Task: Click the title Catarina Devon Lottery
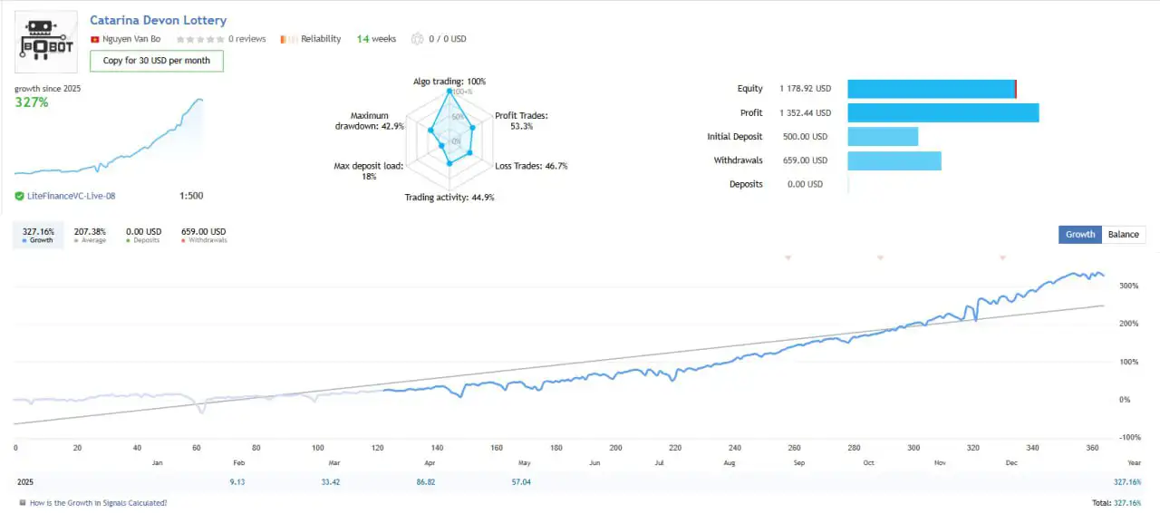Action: pos(159,20)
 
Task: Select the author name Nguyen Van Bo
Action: pos(131,39)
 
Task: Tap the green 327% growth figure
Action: pos(32,102)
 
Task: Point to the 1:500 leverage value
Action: pos(191,196)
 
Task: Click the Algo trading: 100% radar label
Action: pos(449,82)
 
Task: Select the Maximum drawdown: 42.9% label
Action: pos(370,121)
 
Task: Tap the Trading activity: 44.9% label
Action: pos(449,198)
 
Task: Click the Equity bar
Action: pos(932,89)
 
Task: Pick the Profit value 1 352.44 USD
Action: pos(805,113)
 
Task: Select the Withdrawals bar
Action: pos(894,160)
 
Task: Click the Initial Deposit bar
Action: pos(883,137)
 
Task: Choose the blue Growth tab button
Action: pos(1080,234)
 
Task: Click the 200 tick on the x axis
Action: pos(616,448)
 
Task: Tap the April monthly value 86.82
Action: pos(429,482)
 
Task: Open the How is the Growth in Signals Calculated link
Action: pos(98,502)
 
